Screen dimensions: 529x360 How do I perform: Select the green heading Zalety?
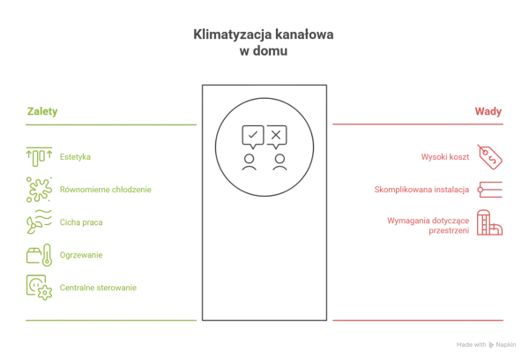pos(42,111)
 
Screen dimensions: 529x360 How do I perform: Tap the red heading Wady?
pos(488,111)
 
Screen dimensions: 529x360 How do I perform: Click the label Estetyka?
pos(75,157)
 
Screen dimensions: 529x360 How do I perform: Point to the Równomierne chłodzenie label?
pos(106,190)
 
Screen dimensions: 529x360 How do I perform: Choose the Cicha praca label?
pos(81,222)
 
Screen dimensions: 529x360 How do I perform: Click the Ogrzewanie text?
pos(81,255)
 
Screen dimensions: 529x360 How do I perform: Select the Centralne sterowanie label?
pos(98,288)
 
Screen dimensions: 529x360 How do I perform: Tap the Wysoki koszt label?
pos(445,157)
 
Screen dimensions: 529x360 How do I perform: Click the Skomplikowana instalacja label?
pos(421,190)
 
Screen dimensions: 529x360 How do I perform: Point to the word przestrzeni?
pos(449,230)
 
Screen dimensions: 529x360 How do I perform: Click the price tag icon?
pos(490,157)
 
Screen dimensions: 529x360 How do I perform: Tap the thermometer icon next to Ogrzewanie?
pos(48,255)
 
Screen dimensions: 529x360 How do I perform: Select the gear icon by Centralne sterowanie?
pos(45,292)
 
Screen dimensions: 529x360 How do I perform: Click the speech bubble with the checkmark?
pos(253,137)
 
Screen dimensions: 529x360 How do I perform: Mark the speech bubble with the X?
pos(277,137)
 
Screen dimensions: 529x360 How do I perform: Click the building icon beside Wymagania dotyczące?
pos(489,222)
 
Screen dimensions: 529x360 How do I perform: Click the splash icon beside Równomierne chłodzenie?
pos(39,190)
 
